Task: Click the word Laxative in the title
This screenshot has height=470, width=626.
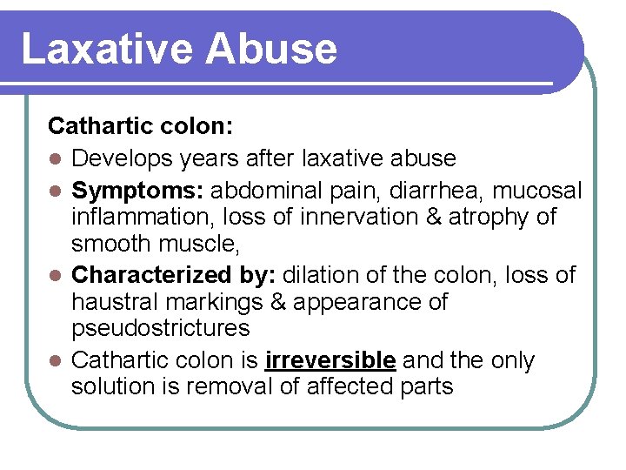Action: [103, 49]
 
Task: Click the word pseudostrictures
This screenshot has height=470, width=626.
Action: [161, 328]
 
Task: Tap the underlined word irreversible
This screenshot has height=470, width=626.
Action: [330, 359]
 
